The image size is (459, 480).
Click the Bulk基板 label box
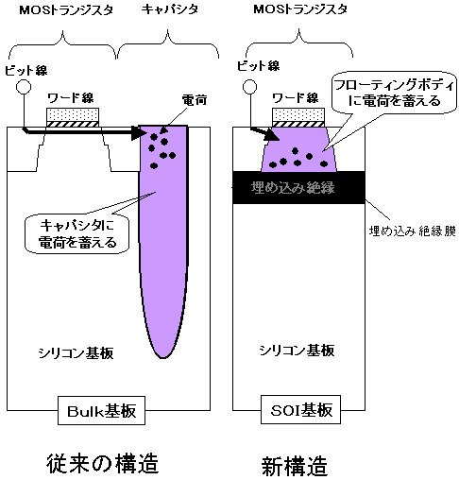coord(101,410)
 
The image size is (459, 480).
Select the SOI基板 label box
coord(300,409)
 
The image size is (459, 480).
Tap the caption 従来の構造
coord(102,464)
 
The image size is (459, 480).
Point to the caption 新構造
coord(295,467)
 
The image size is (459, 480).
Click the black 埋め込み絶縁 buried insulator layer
coord(298,188)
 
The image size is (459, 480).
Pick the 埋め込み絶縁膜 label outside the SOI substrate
coord(413,231)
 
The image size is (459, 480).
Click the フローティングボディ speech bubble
coord(394,93)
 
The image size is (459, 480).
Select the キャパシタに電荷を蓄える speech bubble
coord(76,233)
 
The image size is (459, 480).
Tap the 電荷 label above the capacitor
coord(195,100)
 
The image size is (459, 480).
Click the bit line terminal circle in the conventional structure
coord(24,87)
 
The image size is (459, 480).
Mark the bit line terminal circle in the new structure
coord(249,87)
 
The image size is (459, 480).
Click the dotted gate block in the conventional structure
coord(73,115)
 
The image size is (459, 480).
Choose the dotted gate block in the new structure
coord(297,115)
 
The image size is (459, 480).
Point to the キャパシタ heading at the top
coord(170,9)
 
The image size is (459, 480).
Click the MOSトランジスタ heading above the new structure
coord(300,9)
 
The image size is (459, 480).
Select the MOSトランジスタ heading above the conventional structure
coord(66,10)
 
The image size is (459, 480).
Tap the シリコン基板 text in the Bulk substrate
coord(76,353)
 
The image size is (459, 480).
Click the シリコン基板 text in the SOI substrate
coord(297,351)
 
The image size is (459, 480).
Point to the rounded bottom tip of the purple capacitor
coord(163,358)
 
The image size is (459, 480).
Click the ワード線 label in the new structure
coord(296,98)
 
